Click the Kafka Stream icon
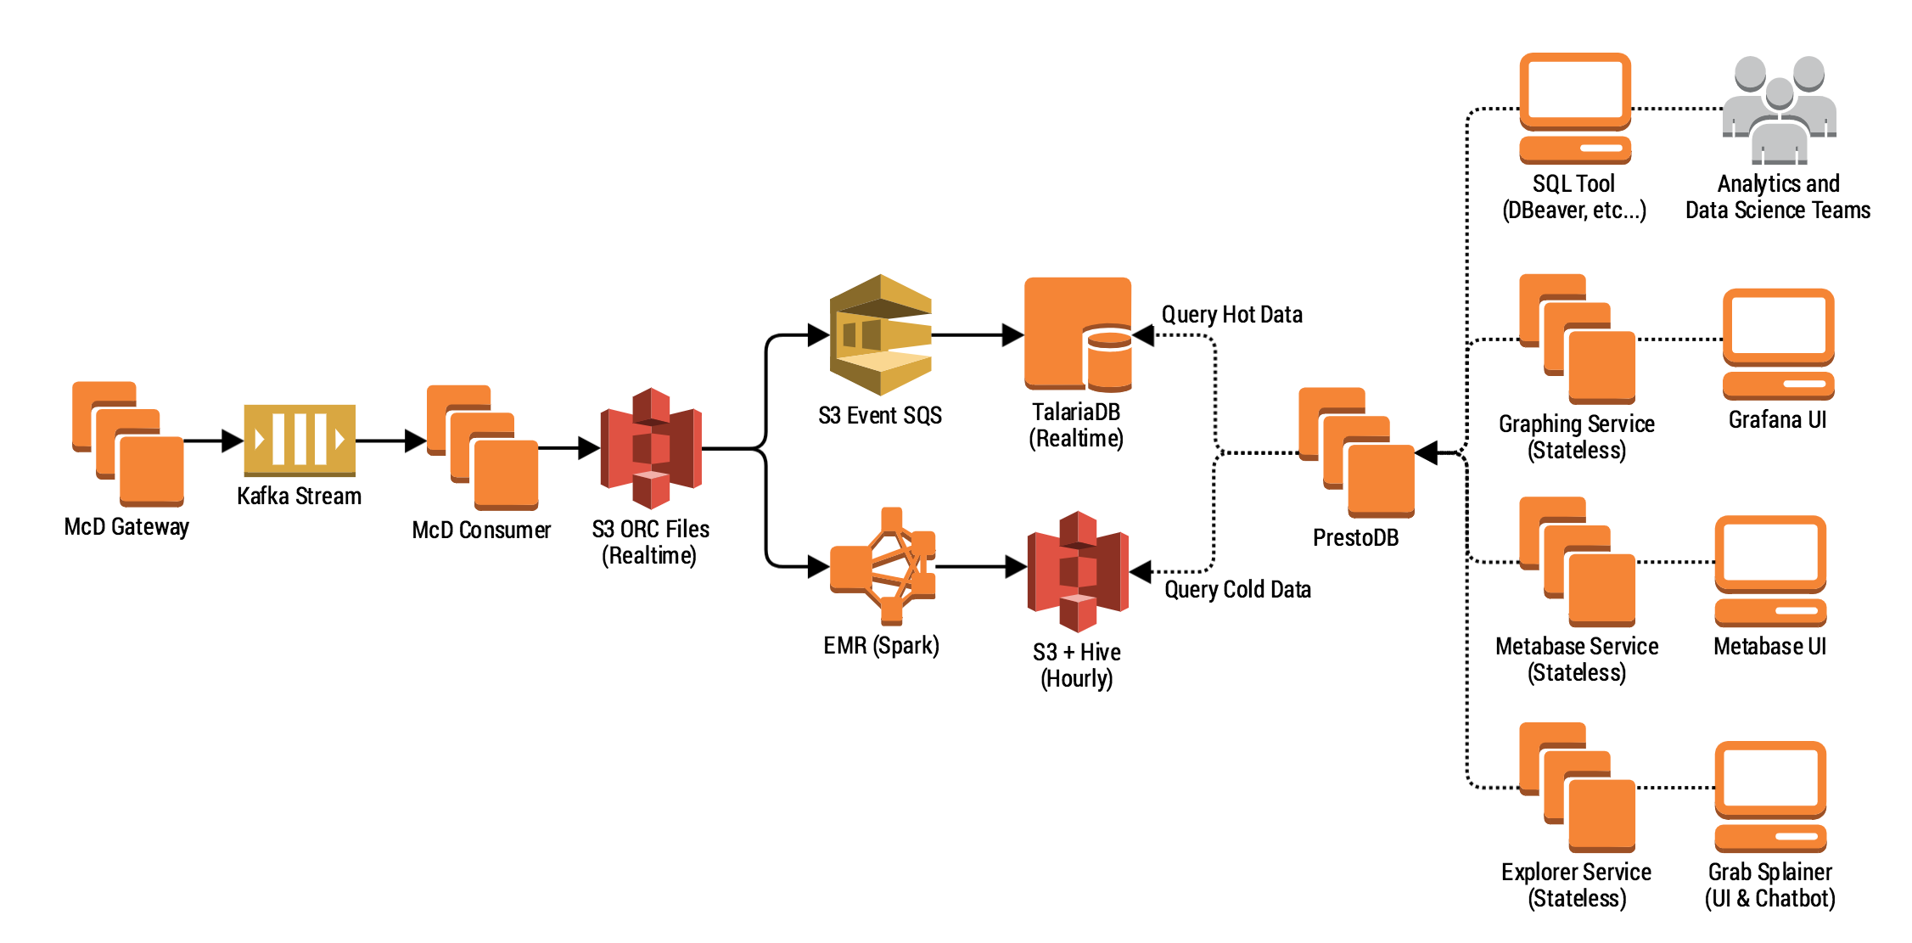(299, 440)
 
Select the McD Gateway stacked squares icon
(128, 443)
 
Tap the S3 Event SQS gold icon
(880, 334)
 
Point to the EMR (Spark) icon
(883, 565)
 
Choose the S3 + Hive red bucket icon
(1078, 571)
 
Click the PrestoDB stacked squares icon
(1356, 452)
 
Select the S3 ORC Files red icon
(651, 448)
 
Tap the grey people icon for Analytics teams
(1779, 109)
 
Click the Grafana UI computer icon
(1778, 344)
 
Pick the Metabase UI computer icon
(1770, 570)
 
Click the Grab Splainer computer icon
(1770, 796)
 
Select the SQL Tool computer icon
(1575, 109)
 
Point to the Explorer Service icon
(1577, 787)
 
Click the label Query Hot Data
(1231, 315)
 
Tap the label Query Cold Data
(1237, 589)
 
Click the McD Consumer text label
(481, 530)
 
